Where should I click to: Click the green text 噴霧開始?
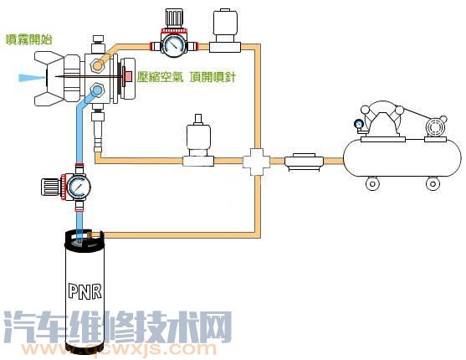(x=26, y=38)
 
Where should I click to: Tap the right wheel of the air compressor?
(x=433, y=182)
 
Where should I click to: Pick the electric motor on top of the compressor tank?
(x=436, y=128)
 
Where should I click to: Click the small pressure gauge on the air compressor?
(x=360, y=126)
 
